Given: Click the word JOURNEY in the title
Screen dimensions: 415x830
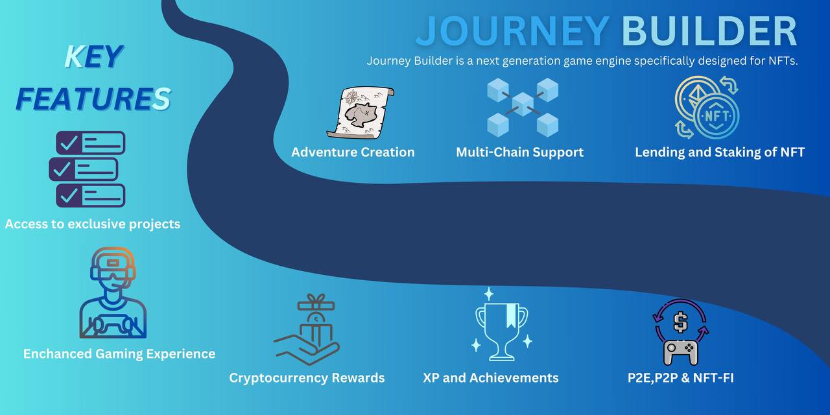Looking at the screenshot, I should pos(512,31).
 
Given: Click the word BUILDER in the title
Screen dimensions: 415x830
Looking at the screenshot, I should pos(709,31).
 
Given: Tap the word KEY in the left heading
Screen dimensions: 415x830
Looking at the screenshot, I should pos(93,58).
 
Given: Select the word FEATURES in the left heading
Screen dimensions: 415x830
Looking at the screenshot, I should pos(93,99).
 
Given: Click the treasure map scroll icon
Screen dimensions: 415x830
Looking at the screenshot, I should pos(361,112).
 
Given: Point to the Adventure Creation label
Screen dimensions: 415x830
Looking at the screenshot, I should pos(353,152).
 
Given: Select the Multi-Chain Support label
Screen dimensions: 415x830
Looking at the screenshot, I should pos(519,152).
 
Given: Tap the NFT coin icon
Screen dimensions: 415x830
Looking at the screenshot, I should pos(707,108).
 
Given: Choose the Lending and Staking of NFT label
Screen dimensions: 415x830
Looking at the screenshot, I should pos(720,152).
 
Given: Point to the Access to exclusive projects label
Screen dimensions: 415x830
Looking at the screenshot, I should pos(93,224).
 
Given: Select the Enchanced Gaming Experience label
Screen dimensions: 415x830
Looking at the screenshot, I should pos(119,354).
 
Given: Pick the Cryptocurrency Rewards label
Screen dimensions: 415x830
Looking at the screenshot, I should pos(307,378).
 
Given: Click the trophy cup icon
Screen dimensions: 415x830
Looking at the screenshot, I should pos(501,325).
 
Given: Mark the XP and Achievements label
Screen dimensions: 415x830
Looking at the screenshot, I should pos(490,378).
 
